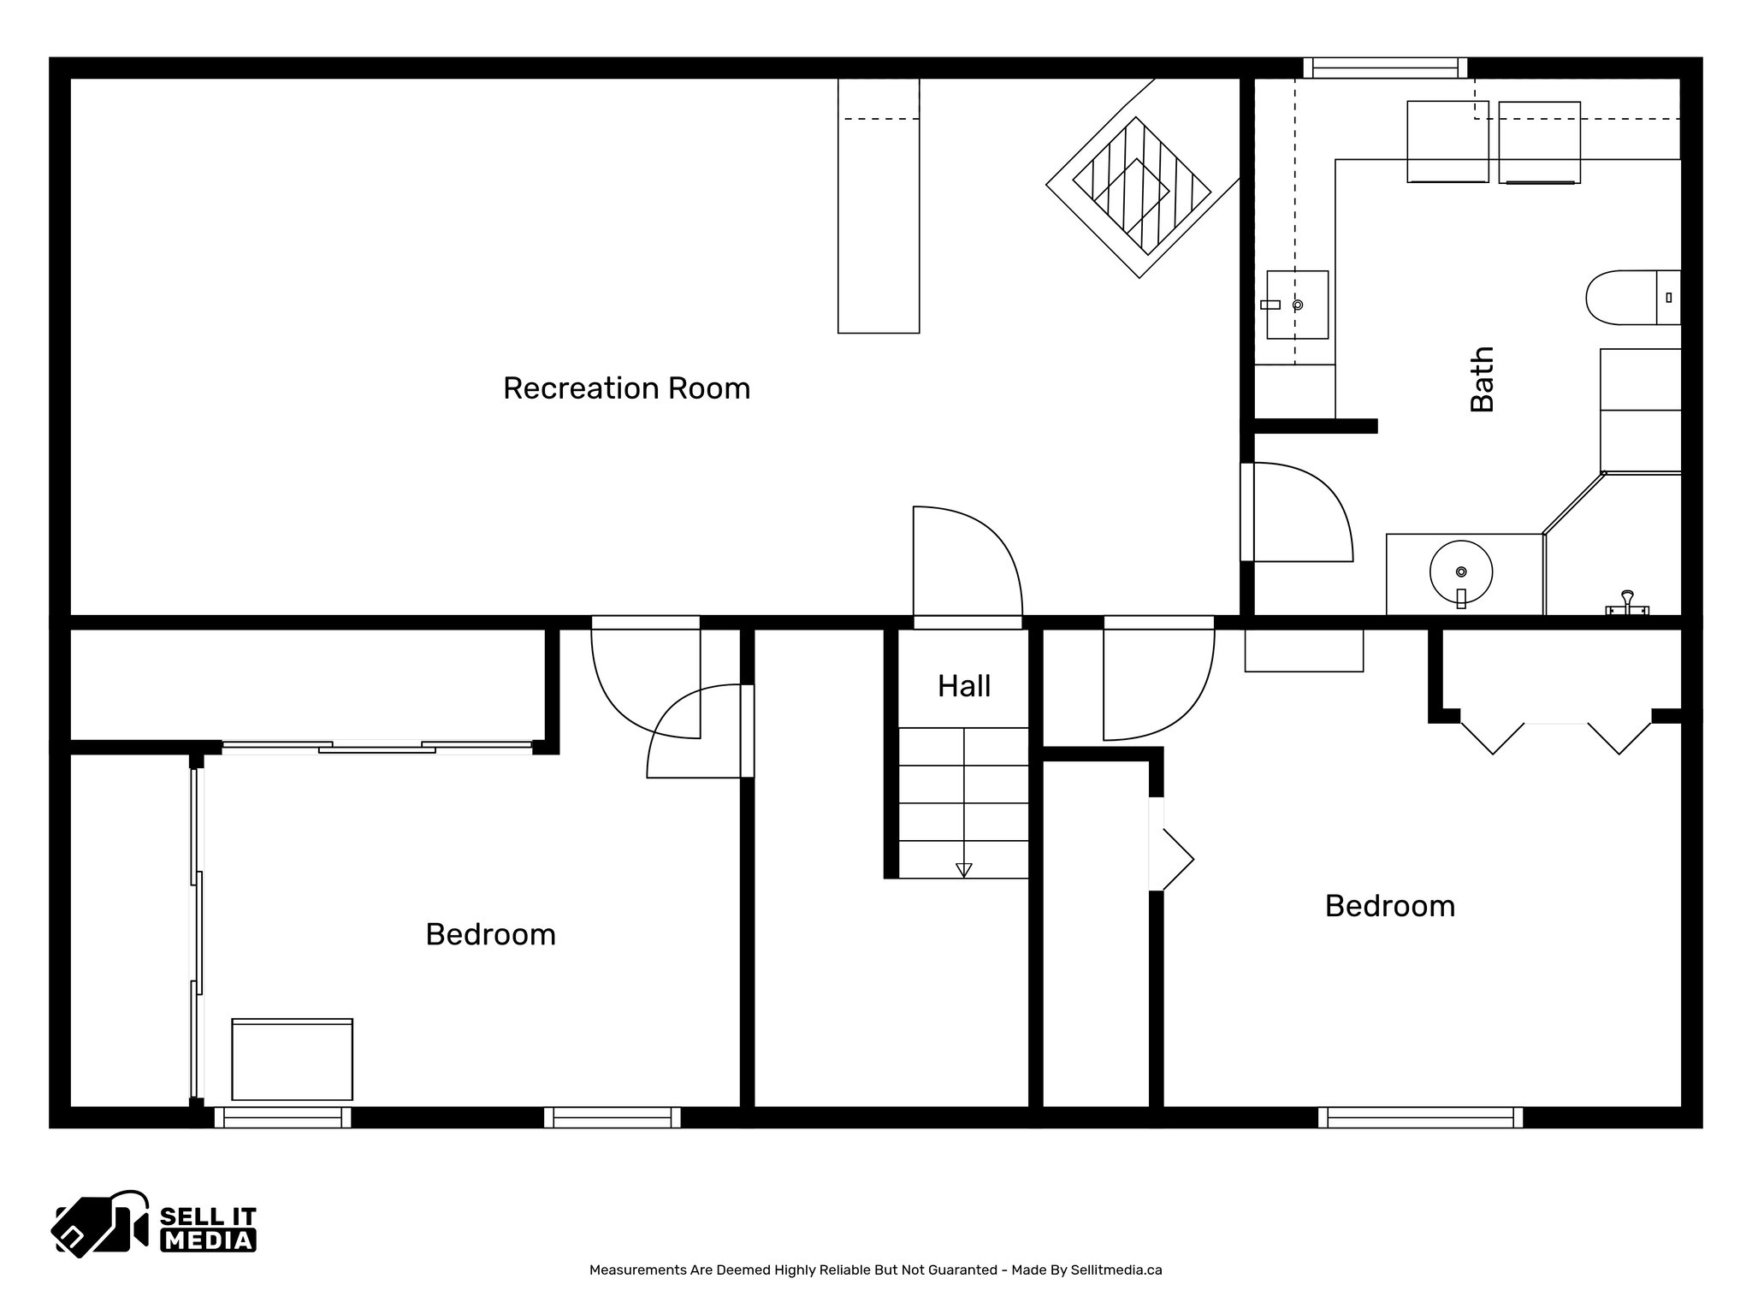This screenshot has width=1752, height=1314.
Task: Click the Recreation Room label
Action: [626, 388]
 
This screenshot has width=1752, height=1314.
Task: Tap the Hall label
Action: [964, 686]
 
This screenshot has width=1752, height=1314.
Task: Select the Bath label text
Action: [1482, 379]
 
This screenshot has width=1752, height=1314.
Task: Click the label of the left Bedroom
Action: [490, 934]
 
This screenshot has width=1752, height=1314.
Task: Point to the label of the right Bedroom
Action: [1389, 906]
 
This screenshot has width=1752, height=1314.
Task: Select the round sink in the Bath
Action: [1460, 572]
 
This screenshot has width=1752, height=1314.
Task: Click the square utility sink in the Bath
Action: [1297, 305]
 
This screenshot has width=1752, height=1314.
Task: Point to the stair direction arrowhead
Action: [964, 870]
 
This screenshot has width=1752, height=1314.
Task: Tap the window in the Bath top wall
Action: [1385, 68]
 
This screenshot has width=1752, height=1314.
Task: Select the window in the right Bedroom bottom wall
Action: [1420, 1117]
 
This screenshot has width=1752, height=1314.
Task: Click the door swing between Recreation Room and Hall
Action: [967, 560]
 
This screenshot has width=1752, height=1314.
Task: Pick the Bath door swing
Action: [1300, 512]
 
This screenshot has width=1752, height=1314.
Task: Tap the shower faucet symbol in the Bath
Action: [1626, 602]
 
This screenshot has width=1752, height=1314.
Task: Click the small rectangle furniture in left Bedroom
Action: [292, 1059]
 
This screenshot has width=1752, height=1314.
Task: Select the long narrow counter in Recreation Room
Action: [879, 205]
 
